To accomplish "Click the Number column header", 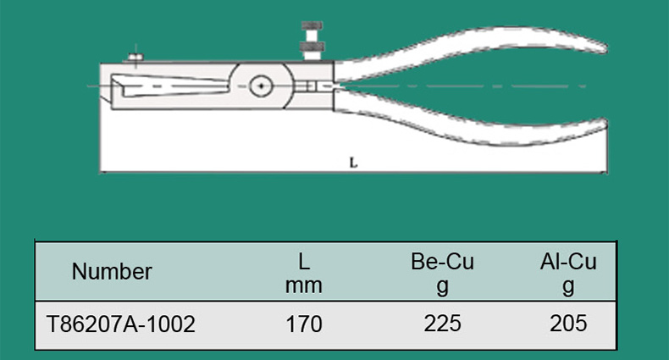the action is (112, 272).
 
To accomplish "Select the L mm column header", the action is (303, 273).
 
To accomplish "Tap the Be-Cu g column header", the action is (442, 273).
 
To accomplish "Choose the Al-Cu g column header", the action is (568, 273).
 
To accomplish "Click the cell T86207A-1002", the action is (121, 324).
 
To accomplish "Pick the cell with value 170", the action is (304, 324).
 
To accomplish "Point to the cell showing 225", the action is (442, 324).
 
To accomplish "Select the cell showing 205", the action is (568, 324).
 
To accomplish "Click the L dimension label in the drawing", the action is (353, 163).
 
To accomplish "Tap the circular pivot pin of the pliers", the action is (261, 86).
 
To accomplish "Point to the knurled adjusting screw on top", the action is (312, 42).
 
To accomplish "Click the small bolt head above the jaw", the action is (135, 57).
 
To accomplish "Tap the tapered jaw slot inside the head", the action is (170, 86).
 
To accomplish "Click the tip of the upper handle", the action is (605, 47).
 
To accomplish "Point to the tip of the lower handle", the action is (605, 124).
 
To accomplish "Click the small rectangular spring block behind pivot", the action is (312, 86).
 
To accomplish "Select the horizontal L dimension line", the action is (353, 172).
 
